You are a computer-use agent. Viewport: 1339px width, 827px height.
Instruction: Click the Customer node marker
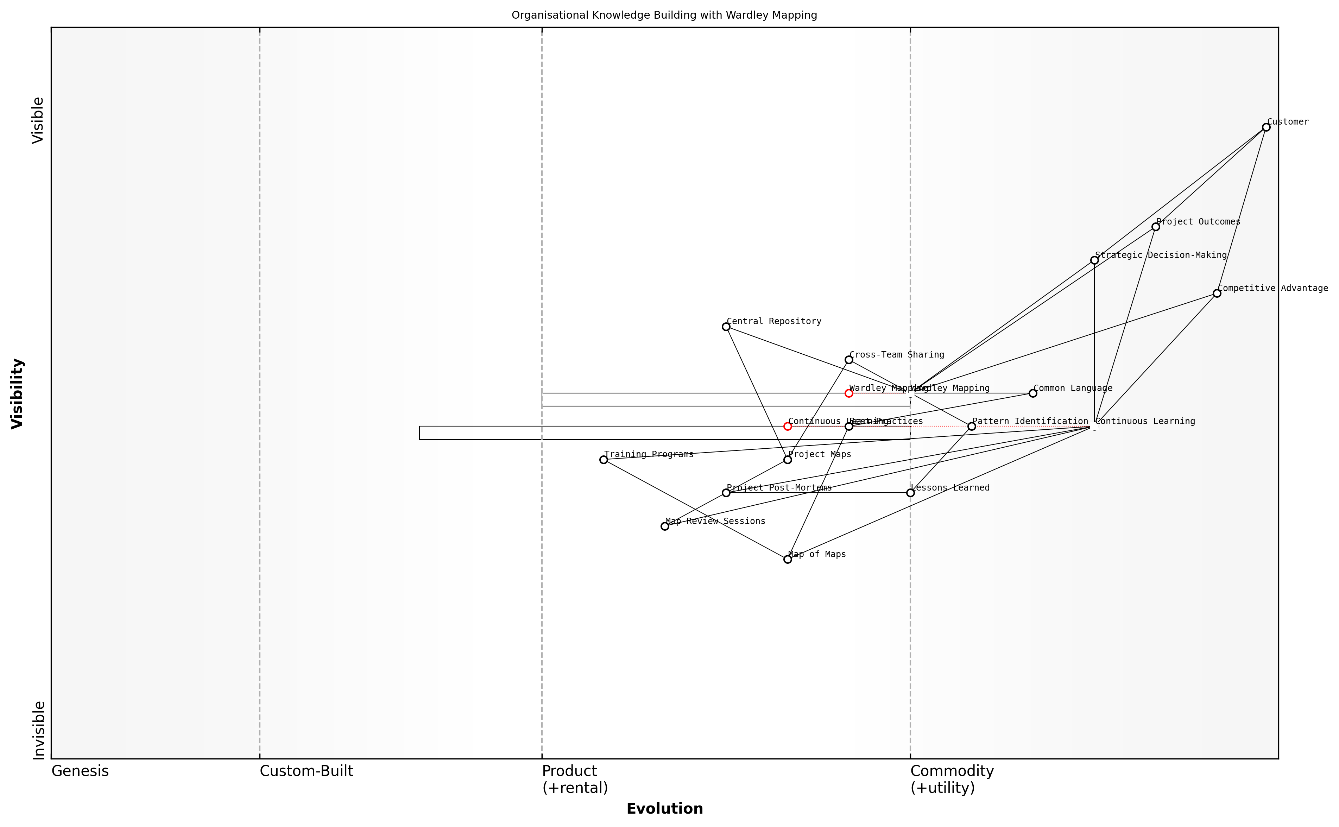(x=1266, y=127)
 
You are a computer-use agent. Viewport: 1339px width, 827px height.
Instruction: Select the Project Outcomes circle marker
(x=1156, y=227)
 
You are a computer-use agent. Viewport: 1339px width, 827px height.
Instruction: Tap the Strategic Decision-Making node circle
(x=1094, y=260)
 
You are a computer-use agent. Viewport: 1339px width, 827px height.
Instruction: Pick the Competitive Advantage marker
(x=1217, y=294)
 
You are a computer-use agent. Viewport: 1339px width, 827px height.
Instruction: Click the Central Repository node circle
(x=726, y=327)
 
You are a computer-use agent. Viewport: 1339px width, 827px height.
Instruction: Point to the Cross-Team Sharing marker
(x=849, y=360)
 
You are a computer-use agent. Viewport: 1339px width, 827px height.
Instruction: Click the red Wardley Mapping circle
(x=849, y=393)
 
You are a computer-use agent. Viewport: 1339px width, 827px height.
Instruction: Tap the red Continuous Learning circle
(x=788, y=427)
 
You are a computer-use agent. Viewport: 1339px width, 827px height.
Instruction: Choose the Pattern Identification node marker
(x=971, y=427)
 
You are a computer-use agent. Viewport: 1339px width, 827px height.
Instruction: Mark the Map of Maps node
(x=788, y=560)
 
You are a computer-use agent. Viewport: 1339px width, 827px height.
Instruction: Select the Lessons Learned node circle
(x=910, y=493)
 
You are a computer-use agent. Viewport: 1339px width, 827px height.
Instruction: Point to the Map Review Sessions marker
(x=665, y=527)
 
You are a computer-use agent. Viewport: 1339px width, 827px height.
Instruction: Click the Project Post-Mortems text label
(x=779, y=488)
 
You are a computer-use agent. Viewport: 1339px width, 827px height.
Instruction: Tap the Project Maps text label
(x=819, y=455)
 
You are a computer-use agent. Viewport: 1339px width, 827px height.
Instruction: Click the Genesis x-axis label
(x=80, y=771)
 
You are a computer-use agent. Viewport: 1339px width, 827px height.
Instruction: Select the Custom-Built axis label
(x=306, y=771)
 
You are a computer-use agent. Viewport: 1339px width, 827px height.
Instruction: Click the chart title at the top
(x=664, y=15)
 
